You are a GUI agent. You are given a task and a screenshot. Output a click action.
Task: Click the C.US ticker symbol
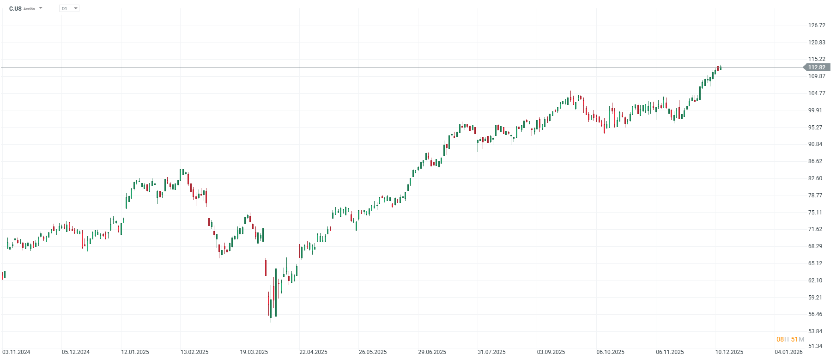point(15,9)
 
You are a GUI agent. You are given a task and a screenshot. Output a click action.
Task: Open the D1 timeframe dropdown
point(69,8)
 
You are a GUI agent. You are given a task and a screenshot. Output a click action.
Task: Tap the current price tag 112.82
point(817,67)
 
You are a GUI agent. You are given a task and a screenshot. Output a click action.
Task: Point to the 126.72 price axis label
point(817,25)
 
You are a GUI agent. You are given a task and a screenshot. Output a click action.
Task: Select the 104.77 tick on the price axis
point(817,93)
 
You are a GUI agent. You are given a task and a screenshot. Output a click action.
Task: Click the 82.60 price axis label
point(815,178)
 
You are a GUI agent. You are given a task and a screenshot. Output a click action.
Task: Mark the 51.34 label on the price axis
point(815,346)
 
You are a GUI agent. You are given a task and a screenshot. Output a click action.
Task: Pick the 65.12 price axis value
point(815,263)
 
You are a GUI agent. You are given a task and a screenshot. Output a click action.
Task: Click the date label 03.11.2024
point(16,352)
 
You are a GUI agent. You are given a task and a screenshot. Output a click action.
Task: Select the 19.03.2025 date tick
point(254,352)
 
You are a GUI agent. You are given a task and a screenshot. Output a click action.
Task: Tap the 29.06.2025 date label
point(432,352)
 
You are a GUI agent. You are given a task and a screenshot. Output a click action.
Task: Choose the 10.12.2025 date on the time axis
point(729,352)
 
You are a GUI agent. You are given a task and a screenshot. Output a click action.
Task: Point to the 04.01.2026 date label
point(789,352)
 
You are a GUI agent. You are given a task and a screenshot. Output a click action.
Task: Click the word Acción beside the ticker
point(29,9)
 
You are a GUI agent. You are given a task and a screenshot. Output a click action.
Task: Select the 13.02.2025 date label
point(194,352)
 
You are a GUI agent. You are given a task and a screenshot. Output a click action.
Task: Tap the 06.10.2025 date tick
point(610,352)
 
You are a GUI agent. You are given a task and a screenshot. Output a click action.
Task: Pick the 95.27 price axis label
point(815,128)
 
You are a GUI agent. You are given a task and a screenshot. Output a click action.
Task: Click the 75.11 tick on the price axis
point(815,213)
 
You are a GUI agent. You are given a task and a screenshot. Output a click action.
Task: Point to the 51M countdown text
point(798,340)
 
